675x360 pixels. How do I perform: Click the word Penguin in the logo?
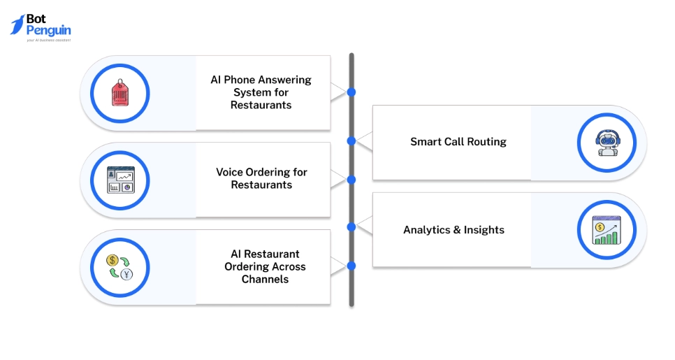48,31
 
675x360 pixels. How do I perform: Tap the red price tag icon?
120,94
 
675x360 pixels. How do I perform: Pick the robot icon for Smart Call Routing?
607,143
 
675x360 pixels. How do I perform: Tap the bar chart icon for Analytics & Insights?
607,230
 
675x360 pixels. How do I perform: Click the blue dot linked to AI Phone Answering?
351,92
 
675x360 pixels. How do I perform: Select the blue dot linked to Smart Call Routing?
351,141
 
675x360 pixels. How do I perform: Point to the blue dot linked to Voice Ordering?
351,180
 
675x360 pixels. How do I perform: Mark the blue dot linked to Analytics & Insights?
351,227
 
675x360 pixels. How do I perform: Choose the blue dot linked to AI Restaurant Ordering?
351,266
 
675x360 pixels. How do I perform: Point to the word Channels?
265,280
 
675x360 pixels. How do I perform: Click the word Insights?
485,230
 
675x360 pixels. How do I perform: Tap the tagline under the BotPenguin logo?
48,41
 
